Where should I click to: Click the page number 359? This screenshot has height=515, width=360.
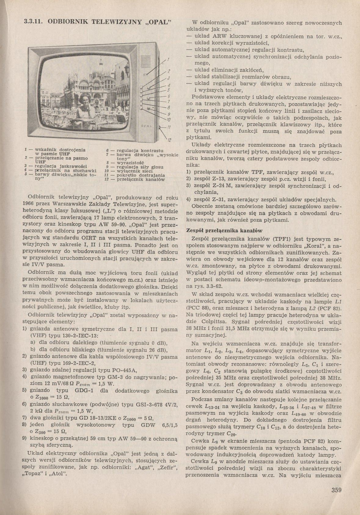pyautogui.click(x=336, y=491)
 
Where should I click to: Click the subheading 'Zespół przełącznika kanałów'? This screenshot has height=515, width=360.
pyautogui.click(x=224, y=230)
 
